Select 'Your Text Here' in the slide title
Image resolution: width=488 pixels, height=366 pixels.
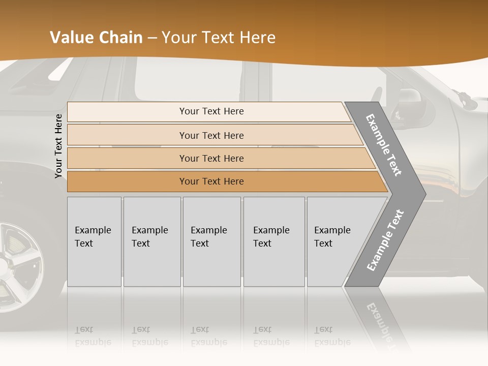click(219, 38)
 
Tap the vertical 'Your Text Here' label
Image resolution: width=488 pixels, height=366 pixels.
click(58, 146)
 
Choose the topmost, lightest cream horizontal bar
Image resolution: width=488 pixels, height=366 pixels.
click(211, 111)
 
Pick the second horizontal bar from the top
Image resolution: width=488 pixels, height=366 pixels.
click(211, 135)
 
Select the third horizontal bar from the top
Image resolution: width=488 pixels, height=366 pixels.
click(211, 158)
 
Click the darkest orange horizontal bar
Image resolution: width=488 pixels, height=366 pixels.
click(211, 181)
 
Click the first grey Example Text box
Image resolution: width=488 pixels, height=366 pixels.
click(94, 241)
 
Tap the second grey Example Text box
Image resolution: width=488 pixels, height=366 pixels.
click(152, 241)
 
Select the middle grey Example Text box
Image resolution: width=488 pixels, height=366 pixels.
click(211, 241)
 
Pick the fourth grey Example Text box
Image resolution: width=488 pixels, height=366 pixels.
click(274, 241)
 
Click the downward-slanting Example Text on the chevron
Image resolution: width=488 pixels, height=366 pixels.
click(384, 145)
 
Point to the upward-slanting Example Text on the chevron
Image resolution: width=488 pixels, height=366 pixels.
click(385, 240)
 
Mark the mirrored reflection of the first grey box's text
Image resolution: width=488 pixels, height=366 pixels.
click(93, 336)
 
